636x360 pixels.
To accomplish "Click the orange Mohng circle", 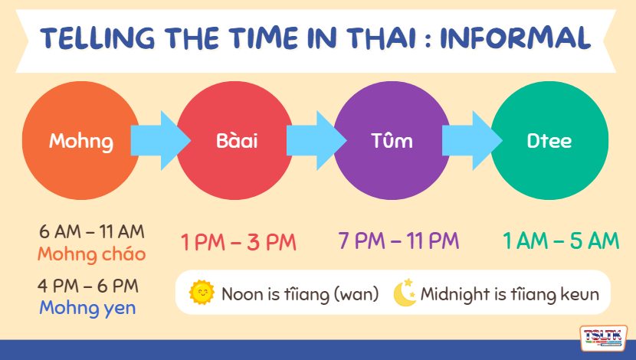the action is coord(80,140).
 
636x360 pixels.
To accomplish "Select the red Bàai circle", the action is coord(235,140).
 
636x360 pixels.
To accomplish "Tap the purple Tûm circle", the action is coord(392,140).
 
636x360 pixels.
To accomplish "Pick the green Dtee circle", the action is coord(549,140).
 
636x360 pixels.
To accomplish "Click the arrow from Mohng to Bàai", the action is coord(160,140).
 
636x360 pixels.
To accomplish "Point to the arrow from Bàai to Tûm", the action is coord(316,140).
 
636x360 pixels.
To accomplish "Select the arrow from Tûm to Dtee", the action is coord(472,140).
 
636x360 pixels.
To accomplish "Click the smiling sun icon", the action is coord(202,293).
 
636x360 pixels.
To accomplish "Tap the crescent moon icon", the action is coord(405,293).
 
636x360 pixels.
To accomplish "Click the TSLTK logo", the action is coord(603,338).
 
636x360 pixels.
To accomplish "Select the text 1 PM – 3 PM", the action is coord(238,242).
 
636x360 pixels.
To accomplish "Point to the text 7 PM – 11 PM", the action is coord(398,241).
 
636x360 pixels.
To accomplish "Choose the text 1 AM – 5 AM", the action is coord(561,241).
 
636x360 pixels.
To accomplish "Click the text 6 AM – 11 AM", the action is coord(92,232).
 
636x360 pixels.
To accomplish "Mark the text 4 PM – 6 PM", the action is coord(88,286).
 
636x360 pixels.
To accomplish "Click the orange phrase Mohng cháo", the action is coord(92,254).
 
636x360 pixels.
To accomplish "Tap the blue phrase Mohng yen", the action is coord(87,308).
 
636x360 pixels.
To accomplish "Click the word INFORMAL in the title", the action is coord(515,38).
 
